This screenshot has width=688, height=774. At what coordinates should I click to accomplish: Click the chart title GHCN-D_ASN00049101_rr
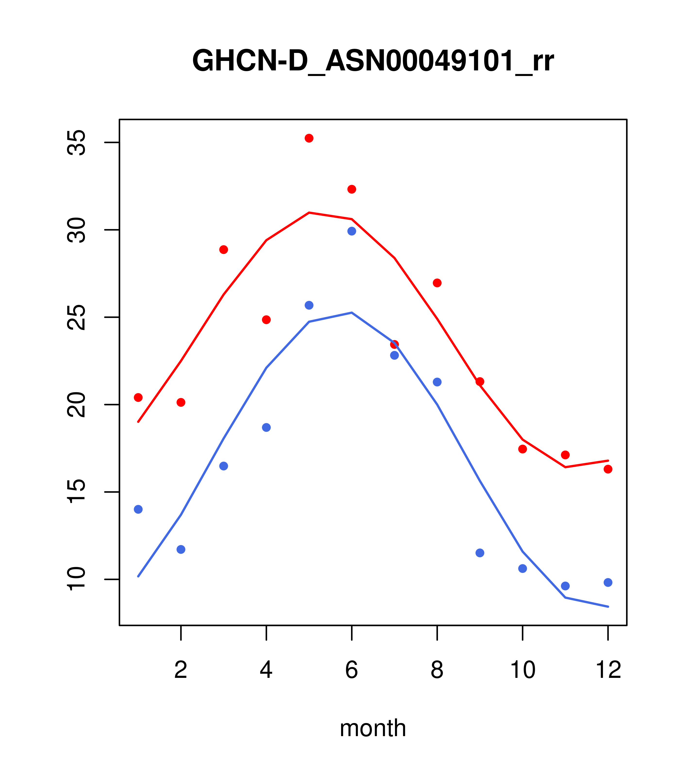pyautogui.click(x=373, y=61)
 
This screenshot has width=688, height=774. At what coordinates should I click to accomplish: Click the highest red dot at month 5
pyautogui.click(x=309, y=138)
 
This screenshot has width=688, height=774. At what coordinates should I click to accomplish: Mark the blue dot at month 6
pyautogui.click(x=352, y=231)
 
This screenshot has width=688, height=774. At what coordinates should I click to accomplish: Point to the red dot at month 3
pyautogui.click(x=224, y=250)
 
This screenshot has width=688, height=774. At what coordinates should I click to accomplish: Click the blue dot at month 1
pyautogui.click(x=138, y=509)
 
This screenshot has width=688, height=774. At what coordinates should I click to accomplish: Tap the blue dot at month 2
pyautogui.click(x=181, y=549)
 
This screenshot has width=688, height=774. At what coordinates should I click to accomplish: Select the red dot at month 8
pyautogui.click(x=437, y=283)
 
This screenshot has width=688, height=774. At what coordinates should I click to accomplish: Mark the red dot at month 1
pyautogui.click(x=138, y=397)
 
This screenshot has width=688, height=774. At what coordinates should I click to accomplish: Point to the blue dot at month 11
pyautogui.click(x=565, y=586)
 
